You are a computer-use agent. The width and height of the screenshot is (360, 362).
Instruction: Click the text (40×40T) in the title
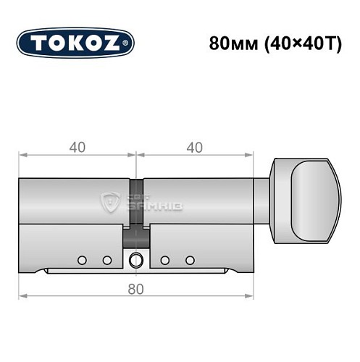[x=293, y=42]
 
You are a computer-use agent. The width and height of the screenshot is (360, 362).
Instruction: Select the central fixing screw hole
[x=135, y=261]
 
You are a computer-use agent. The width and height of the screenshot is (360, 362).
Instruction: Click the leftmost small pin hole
[x=83, y=260]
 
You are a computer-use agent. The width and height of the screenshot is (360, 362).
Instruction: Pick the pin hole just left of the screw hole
[x=106, y=260]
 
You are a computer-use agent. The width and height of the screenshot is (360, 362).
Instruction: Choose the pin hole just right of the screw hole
[x=164, y=260]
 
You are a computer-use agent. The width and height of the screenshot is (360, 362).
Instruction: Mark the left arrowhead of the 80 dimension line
[x=22, y=296]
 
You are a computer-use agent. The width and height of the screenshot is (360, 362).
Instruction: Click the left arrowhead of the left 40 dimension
[x=22, y=155]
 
